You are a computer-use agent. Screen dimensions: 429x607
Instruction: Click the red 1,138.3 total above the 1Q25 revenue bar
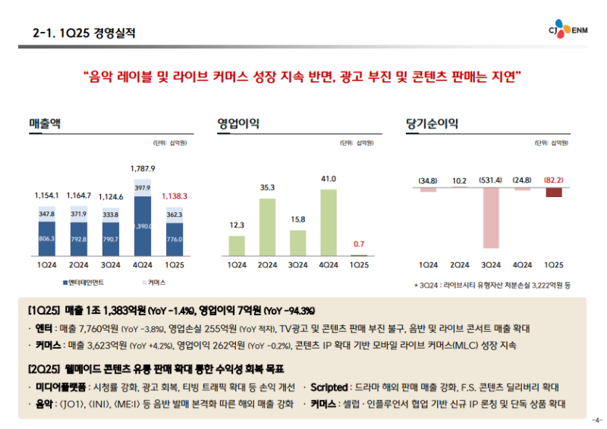coord(175,196)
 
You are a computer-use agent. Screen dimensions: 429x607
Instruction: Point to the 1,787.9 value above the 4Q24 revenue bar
coord(143,168)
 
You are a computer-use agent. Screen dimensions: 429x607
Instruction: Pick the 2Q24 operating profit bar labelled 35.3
coord(267,226)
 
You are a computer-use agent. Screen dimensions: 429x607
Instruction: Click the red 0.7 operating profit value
coord(359,244)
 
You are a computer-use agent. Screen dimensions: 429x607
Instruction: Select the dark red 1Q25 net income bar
coord(554,193)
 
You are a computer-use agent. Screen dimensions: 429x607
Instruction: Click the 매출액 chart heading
coord(45,123)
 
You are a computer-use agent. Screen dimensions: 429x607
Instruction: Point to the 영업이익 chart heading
coord(234,123)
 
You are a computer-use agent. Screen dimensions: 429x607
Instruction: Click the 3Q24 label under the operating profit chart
coord(297,265)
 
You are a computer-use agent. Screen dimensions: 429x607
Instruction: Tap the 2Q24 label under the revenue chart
coord(78,265)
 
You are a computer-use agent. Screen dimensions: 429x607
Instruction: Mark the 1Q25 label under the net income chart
coord(554,265)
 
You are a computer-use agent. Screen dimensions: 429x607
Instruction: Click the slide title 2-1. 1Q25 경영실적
coord(85,33)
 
